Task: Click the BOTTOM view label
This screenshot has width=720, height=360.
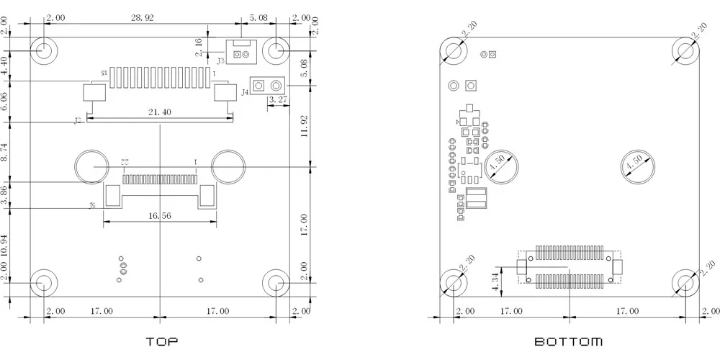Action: click(x=568, y=341)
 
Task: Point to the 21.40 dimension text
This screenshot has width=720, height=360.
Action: click(x=159, y=112)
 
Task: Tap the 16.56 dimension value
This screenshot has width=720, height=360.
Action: click(x=159, y=215)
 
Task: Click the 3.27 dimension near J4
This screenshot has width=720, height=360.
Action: click(x=278, y=100)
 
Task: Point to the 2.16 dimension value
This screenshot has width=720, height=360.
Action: click(x=199, y=48)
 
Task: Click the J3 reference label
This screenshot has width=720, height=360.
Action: click(x=221, y=61)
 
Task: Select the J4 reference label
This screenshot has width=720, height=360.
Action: click(x=245, y=92)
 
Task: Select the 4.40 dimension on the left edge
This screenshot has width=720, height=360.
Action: click(x=6, y=66)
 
